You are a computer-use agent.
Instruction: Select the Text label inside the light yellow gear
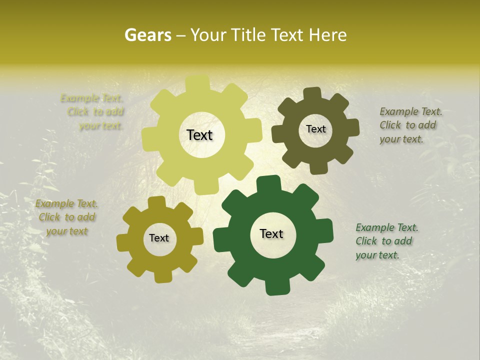pyautogui.click(x=199, y=135)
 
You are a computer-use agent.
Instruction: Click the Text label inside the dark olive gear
pyautogui.click(x=315, y=129)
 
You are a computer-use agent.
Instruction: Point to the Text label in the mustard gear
pyautogui.click(x=159, y=238)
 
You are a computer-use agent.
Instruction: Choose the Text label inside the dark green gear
pyautogui.click(x=271, y=233)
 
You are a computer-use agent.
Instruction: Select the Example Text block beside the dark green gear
pyautogui.click(x=386, y=241)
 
